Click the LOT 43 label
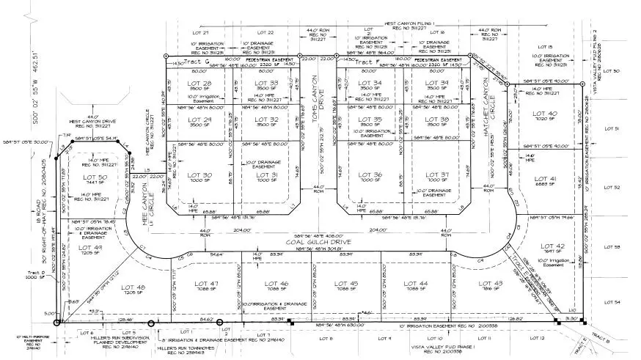(485, 283)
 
